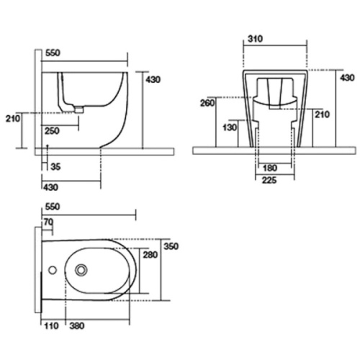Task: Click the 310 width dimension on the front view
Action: coord(255,39)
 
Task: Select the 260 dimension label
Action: coord(207,103)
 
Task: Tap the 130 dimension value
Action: coord(230,127)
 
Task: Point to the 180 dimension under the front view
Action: coord(270,168)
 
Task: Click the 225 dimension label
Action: coord(269,180)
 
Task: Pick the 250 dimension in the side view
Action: coord(52,131)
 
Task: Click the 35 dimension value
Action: coord(55,166)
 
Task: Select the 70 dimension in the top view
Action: coord(48,222)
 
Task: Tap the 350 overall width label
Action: coord(171,246)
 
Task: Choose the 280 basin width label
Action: coord(150,255)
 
